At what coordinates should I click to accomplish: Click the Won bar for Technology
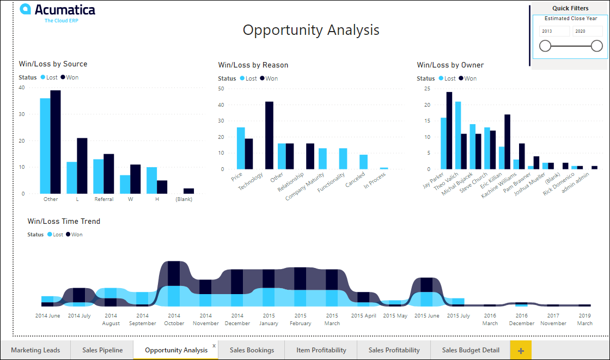pos(269,135)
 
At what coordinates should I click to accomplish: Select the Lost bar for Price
pos(241,148)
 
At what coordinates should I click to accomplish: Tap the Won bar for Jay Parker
pos(449,130)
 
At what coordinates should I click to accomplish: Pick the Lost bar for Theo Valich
pos(458,135)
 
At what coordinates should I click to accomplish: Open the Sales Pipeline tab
pos(102,350)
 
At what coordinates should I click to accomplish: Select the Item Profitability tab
pos(321,350)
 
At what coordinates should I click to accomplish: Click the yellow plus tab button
pos(521,350)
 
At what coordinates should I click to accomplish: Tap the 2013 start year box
pos(554,31)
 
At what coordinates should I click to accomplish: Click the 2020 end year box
pos(587,31)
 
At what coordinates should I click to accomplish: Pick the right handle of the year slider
pos(597,46)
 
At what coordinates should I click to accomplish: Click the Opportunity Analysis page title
pos(311,30)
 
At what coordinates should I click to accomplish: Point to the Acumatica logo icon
pos(25,9)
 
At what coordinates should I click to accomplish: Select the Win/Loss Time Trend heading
pos(64,221)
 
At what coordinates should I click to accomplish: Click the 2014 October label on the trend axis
pos(174,319)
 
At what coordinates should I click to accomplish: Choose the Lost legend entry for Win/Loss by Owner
pos(447,78)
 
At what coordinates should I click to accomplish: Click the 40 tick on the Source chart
pos(22,87)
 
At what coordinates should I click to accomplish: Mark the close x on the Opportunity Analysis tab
pos(214,345)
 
